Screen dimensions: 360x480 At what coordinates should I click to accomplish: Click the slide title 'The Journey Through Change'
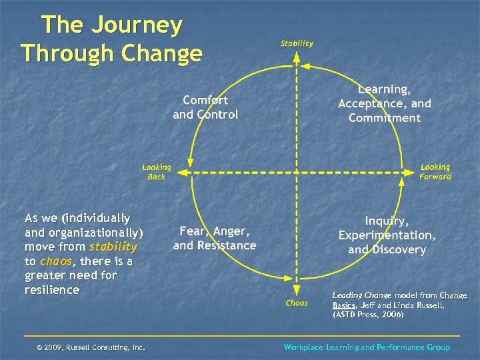[111, 39]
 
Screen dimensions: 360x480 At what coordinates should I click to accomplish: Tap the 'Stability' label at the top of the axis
[297, 43]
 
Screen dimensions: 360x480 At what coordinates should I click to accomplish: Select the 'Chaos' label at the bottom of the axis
[297, 303]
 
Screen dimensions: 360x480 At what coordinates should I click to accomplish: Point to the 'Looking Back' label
[157, 172]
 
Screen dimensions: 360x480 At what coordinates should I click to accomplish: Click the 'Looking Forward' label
[435, 172]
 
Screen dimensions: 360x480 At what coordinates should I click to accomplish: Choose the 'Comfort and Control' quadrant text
[205, 107]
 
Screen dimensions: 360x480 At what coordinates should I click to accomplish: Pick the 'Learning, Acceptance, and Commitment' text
[385, 103]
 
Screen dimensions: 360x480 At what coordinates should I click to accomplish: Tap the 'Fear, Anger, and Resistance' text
[214, 238]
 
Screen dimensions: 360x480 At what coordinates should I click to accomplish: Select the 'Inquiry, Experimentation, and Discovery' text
[387, 235]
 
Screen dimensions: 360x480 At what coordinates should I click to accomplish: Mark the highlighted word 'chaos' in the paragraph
[54, 261]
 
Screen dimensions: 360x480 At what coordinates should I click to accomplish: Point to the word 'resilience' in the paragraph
[52, 290]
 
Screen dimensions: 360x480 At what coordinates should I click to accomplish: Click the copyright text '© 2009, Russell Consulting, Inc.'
[91, 347]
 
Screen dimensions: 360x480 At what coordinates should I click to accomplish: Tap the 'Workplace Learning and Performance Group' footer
[367, 347]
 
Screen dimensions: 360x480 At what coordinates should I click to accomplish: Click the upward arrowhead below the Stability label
[297, 56]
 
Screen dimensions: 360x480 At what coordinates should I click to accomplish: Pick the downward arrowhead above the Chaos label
[297, 289]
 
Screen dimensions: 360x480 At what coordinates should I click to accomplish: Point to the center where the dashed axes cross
[297, 172]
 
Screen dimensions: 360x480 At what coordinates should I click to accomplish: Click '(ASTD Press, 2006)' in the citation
[368, 314]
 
